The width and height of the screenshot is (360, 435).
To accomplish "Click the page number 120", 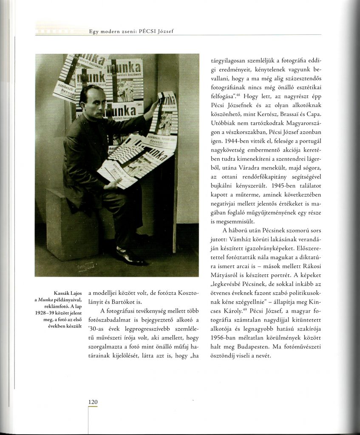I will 93,402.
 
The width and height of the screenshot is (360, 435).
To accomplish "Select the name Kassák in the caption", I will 62,294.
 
